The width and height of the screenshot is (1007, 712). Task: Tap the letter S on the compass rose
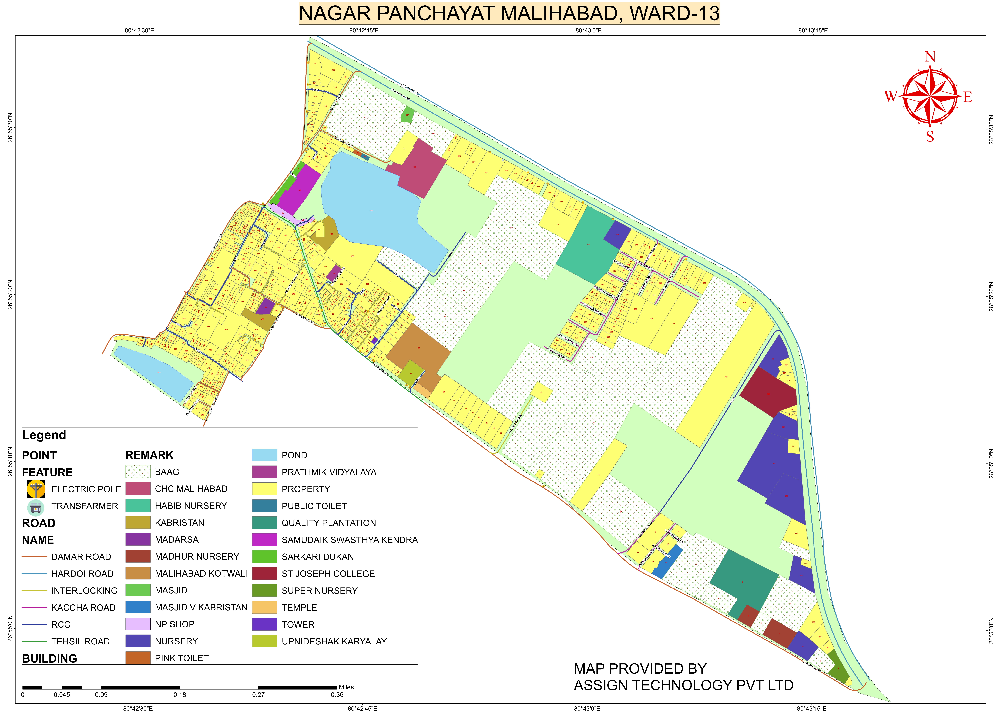click(x=930, y=137)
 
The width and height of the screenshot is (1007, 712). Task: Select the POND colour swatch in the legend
click(x=264, y=455)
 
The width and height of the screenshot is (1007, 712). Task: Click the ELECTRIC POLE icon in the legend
click(x=36, y=489)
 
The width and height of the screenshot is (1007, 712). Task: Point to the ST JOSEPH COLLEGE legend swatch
click(x=264, y=573)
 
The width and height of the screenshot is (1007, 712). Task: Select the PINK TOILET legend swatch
click(x=138, y=658)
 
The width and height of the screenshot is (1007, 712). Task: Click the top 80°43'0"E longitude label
click(x=588, y=30)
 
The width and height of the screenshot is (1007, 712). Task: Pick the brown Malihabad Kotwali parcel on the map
click(x=419, y=349)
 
